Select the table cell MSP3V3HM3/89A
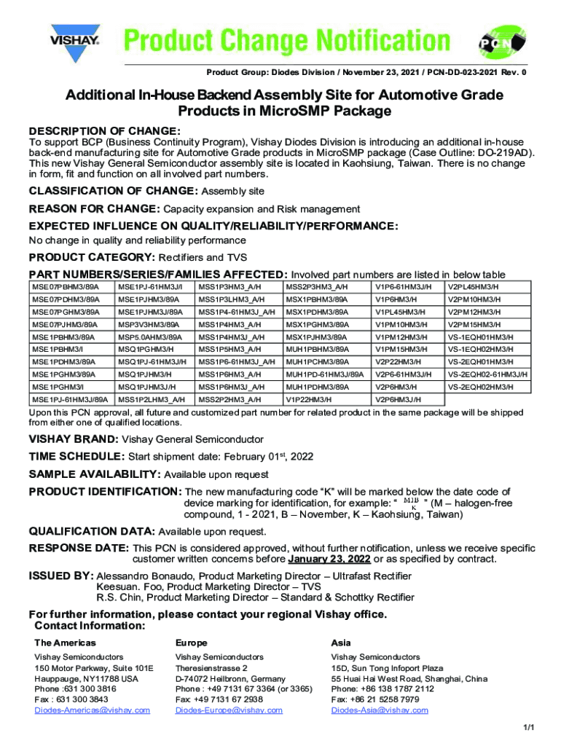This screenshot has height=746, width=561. (x=150, y=324)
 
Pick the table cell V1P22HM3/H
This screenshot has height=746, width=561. (x=309, y=399)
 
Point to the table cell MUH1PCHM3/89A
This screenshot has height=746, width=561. (x=318, y=362)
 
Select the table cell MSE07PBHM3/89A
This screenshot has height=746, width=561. (x=65, y=286)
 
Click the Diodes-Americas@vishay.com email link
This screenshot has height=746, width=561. (x=92, y=710)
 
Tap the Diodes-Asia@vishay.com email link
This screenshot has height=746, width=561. (x=380, y=710)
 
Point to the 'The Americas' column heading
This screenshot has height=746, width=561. (x=65, y=643)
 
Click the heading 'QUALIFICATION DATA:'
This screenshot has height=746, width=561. (x=91, y=531)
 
